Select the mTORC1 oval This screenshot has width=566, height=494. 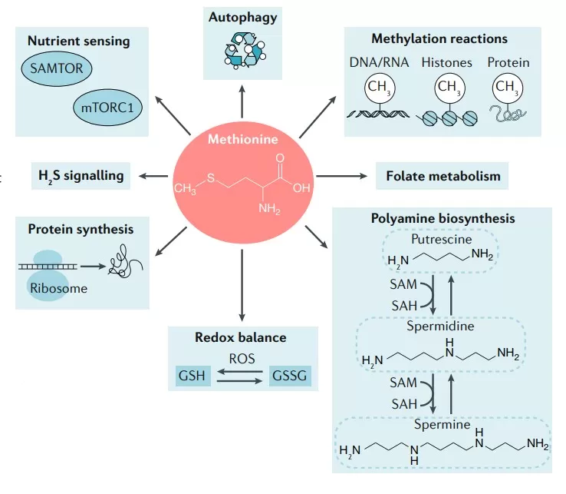pyautogui.click(x=108, y=108)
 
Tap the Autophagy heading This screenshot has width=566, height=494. pyautogui.click(x=242, y=15)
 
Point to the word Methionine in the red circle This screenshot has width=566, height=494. pyautogui.click(x=243, y=139)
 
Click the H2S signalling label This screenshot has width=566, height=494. pyautogui.click(x=81, y=175)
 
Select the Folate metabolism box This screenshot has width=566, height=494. pyautogui.click(x=443, y=176)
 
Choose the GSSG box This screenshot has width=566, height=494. pyautogui.click(x=291, y=376)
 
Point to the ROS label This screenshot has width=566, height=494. pyautogui.click(x=242, y=357)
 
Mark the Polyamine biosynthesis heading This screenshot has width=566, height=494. pyautogui.click(x=444, y=218)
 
